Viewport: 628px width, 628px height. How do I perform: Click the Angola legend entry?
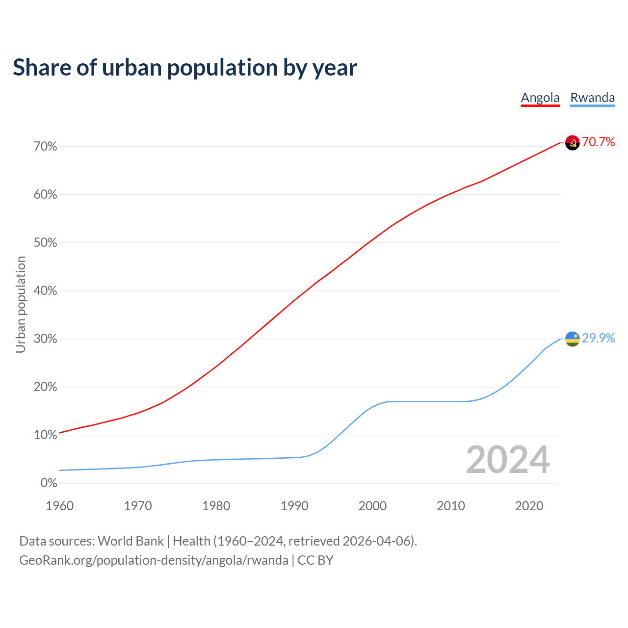click(x=540, y=98)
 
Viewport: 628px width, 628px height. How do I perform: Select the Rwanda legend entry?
click(x=592, y=98)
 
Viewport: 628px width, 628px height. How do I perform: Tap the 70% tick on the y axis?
click(x=45, y=147)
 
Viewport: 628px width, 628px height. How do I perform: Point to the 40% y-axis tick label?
click(x=45, y=291)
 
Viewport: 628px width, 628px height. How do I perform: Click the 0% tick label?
click(x=49, y=483)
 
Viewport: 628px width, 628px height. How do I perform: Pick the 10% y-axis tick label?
click(x=45, y=435)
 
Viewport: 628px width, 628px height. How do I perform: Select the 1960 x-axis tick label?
click(x=59, y=506)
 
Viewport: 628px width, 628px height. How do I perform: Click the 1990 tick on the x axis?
click(x=294, y=506)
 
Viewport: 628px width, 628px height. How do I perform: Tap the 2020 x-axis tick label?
click(x=529, y=506)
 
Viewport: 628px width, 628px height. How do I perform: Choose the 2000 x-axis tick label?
click(x=372, y=506)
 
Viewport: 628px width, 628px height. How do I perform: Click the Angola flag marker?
click(x=572, y=143)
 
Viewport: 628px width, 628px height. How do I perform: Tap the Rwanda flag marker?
click(x=572, y=339)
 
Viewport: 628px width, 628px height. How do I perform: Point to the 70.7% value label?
click(x=598, y=142)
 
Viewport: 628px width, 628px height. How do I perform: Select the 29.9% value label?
click(x=598, y=339)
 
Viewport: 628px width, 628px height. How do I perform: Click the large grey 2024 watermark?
click(x=508, y=460)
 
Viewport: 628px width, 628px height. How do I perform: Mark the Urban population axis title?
click(x=21, y=304)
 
